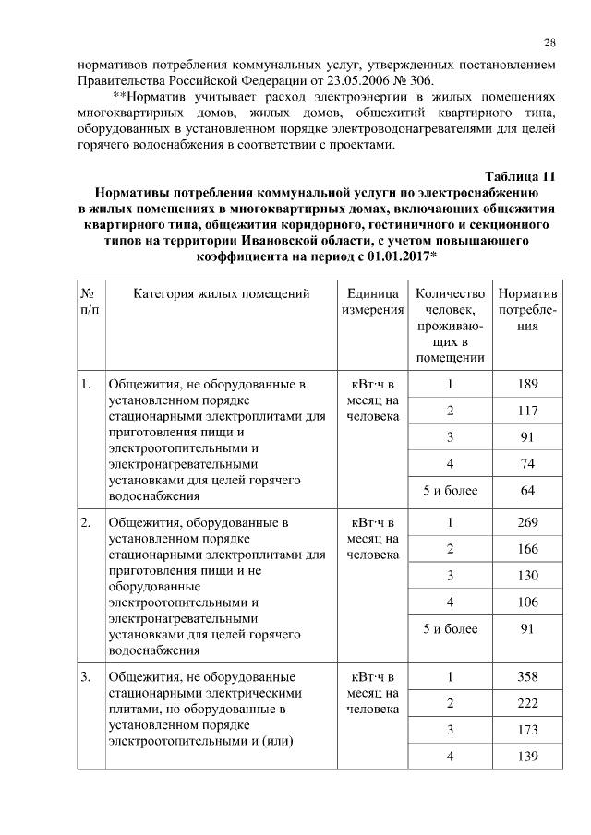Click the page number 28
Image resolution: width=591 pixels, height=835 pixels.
(549, 42)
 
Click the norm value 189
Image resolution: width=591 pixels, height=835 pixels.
(527, 385)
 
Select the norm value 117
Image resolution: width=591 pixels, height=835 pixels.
(527, 411)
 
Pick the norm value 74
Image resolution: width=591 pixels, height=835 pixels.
(527, 463)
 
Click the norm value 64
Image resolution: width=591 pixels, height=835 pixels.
(527, 490)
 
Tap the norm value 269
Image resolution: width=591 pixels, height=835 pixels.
(527, 523)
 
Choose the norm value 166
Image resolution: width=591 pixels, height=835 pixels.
(527, 550)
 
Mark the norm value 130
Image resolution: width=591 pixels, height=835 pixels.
(527, 576)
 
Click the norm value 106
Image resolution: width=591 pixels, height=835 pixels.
(527, 602)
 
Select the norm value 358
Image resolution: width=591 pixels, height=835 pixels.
(527, 678)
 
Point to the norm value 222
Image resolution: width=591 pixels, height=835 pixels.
(527, 704)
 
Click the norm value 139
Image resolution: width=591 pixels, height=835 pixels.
(527, 757)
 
